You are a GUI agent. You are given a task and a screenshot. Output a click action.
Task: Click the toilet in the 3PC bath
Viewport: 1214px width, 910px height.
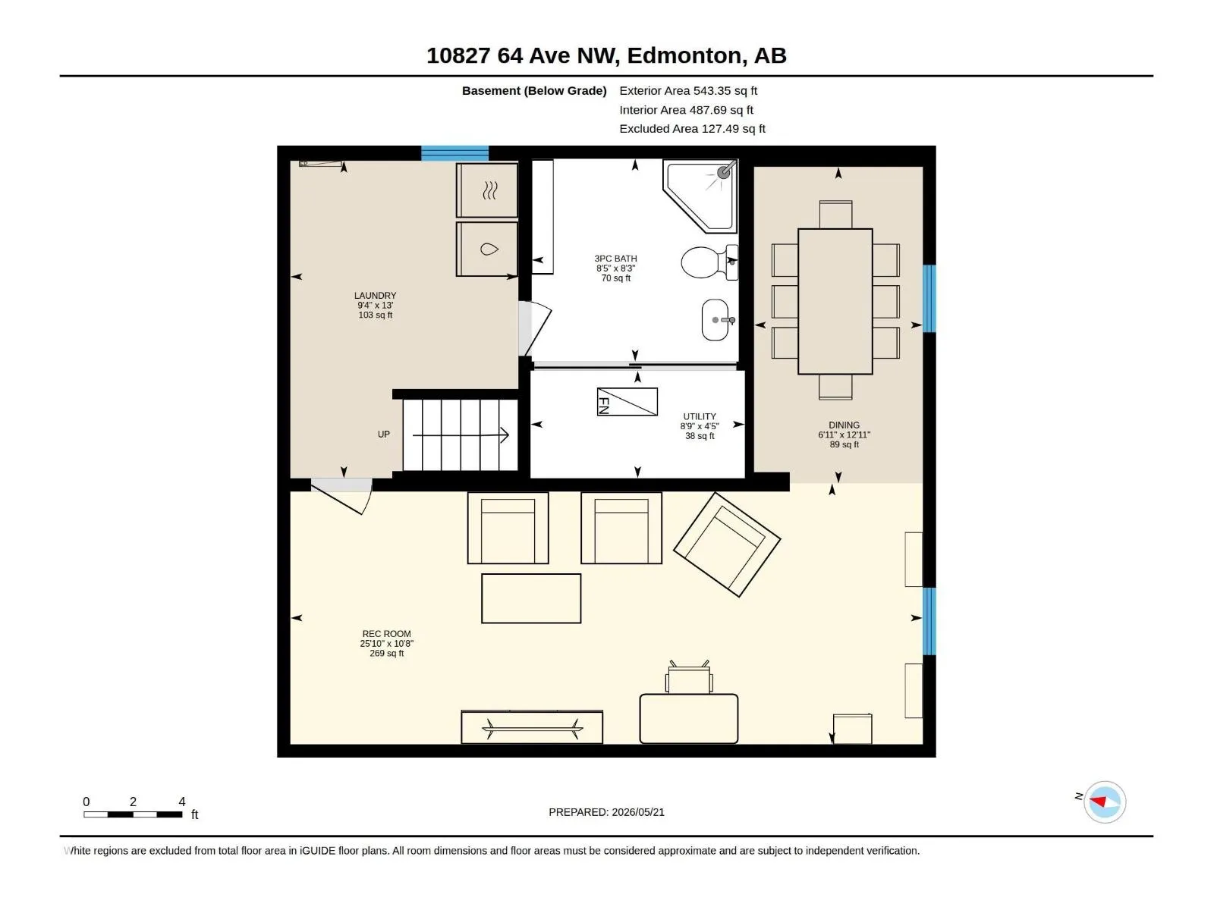(709, 262)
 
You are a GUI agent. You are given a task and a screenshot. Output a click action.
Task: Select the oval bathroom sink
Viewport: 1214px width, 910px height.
(716, 320)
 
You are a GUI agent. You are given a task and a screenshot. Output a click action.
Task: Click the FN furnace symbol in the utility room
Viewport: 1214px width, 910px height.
(627, 402)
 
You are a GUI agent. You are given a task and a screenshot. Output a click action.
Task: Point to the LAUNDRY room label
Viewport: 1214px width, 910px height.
(375, 296)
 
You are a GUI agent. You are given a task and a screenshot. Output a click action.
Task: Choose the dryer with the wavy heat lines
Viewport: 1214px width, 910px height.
(486, 190)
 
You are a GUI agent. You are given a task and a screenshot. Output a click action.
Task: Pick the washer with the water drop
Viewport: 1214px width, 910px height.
(486, 249)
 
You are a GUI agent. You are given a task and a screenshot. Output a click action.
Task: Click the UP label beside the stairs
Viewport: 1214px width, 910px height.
(383, 435)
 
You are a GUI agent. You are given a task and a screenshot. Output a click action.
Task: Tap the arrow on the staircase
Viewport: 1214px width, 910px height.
(461, 435)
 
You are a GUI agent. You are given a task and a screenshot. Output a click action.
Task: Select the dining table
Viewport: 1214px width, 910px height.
(835, 302)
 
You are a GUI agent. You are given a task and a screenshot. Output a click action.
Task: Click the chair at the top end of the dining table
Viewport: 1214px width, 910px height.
(835, 215)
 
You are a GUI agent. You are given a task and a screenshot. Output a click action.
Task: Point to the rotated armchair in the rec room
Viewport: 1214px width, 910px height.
(727, 544)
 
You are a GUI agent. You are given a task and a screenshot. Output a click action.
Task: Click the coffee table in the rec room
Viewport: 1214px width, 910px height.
(531, 598)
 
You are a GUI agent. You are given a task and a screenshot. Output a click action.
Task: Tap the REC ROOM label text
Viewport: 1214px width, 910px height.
(387, 634)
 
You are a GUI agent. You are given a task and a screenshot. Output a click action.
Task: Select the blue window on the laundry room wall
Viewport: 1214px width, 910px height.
(454, 153)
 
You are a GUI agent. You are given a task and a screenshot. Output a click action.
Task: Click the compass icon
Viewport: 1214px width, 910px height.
(1105, 802)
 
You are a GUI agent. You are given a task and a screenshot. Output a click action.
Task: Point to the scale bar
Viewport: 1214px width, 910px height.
(133, 814)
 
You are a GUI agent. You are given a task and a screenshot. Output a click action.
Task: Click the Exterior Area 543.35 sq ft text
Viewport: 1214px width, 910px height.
(688, 90)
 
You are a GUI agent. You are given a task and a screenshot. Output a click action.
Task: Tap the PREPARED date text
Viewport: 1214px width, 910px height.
(606, 812)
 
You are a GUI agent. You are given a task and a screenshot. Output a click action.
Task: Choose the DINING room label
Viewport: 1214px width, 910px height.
(844, 425)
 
